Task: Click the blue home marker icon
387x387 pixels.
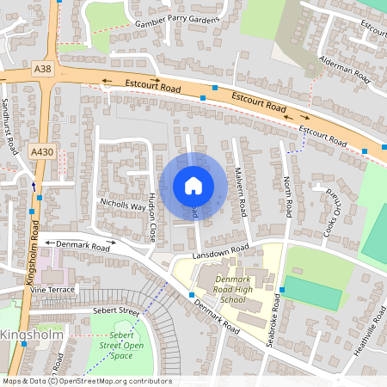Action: (193, 186)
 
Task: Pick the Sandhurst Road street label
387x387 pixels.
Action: (9, 126)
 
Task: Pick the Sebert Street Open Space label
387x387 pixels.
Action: (122, 345)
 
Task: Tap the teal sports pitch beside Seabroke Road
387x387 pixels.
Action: (310, 292)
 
